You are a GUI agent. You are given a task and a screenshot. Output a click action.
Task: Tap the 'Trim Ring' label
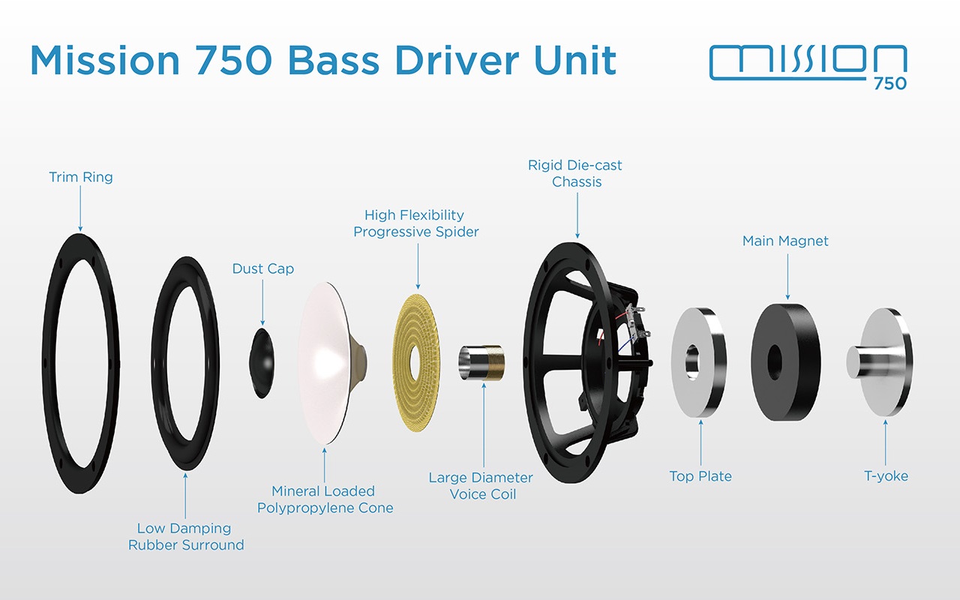click(x=81, y=178)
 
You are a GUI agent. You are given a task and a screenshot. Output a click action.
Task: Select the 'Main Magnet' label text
click(x=785, y=241)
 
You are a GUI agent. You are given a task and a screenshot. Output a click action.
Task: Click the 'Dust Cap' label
click(x=263, y=268)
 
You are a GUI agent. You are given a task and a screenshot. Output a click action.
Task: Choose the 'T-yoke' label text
click(x=886, y=475)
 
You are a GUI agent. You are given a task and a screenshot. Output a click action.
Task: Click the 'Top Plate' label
click(x=700, y=475)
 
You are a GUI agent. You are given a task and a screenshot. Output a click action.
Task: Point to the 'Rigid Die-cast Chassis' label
click(x=575, y=173)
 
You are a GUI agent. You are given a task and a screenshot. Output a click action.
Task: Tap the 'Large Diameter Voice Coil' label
click(x=481, y=486)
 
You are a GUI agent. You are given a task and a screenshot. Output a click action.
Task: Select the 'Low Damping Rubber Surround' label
click(x=186, y=537)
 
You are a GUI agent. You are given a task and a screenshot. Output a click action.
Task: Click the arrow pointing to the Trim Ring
click(x=80, y=209)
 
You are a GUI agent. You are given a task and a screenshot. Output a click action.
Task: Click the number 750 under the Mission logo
click(x=889, y=84)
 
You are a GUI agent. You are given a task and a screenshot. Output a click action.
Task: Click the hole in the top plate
click(x=691, y=358)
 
